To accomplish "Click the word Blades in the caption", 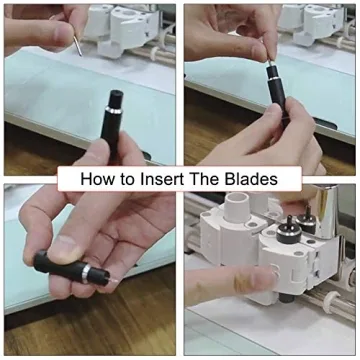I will [x=270, y=180].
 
